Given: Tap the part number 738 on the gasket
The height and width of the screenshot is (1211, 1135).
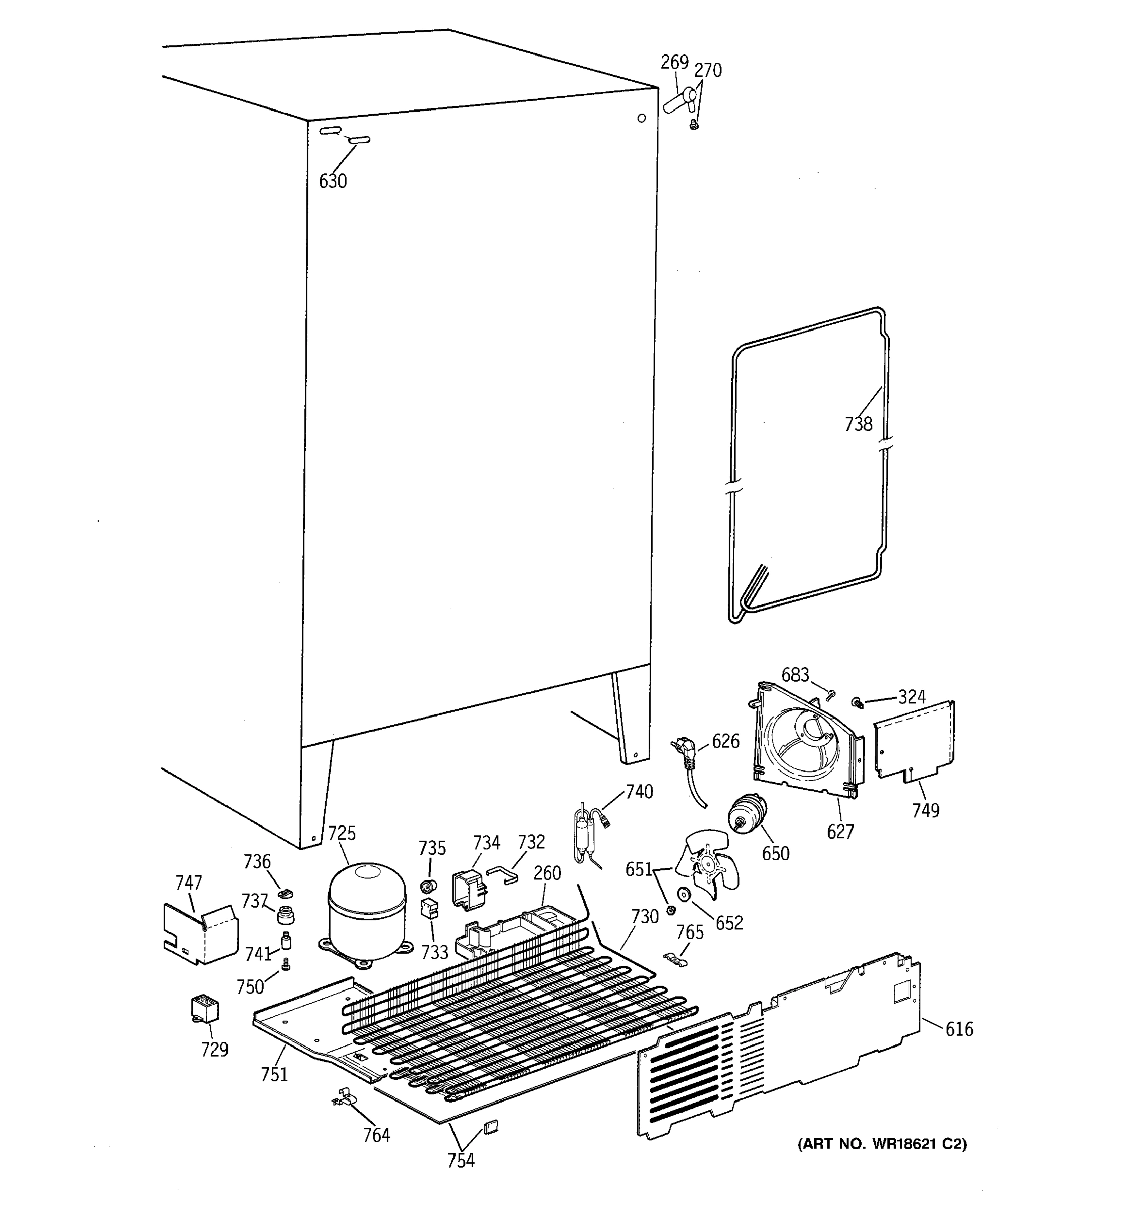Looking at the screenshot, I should point(858,424).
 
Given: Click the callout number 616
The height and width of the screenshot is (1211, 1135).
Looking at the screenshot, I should point(959,1029).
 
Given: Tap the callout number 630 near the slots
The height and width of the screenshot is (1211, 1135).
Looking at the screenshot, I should point(332,181).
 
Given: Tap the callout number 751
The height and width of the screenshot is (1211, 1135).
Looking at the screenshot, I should point(274,1075).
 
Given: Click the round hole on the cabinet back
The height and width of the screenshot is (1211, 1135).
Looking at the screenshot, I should point(641,118).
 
